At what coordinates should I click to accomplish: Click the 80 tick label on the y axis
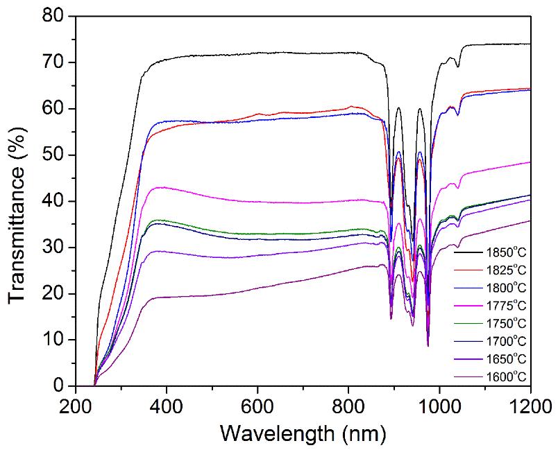click(x=55, y=17)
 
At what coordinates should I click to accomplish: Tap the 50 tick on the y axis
click(x=55, y=155)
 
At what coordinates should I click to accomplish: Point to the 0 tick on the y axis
click(x=60, y=386)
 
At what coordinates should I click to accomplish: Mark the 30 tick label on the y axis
click(x=55, y=248)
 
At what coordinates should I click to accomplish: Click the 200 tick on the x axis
click(x=75, y=404)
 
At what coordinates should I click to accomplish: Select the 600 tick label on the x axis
click(x=257, y=404)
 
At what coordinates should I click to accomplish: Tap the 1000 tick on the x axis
click(x=439, y=404)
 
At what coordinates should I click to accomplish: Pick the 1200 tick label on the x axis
click(x=529, y=404)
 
